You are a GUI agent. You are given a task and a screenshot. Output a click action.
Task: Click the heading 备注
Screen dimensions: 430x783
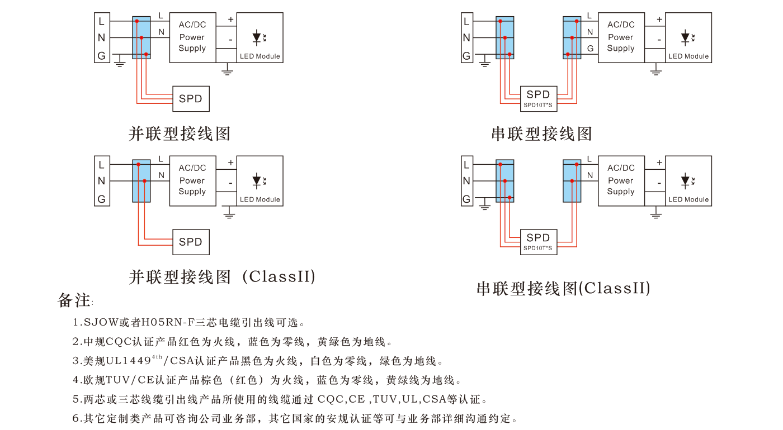pos(74,300)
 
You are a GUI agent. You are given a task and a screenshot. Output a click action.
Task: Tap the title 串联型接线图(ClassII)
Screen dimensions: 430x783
pos(563,288)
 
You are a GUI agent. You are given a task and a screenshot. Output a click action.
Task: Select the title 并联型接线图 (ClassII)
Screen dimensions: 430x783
pos(222,276)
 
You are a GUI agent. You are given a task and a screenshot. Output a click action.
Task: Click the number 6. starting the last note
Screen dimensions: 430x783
pos(77,418)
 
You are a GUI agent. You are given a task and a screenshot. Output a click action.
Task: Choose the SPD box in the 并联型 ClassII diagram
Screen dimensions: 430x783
pos(191,242)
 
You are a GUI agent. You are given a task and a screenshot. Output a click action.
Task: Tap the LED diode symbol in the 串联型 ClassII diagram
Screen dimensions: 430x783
pos(685,180)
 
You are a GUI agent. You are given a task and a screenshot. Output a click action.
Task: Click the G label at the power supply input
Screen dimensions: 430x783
pos(590,49)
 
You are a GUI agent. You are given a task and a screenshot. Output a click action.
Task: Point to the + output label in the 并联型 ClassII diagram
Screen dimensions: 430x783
pos(230,163)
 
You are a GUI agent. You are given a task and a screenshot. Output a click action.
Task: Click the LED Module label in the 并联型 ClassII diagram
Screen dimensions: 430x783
pos(260,199)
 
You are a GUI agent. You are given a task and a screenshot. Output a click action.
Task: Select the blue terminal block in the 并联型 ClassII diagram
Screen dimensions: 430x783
pos(141,181)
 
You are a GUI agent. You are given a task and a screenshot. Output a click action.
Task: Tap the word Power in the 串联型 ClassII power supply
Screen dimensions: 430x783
pos(621,180)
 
